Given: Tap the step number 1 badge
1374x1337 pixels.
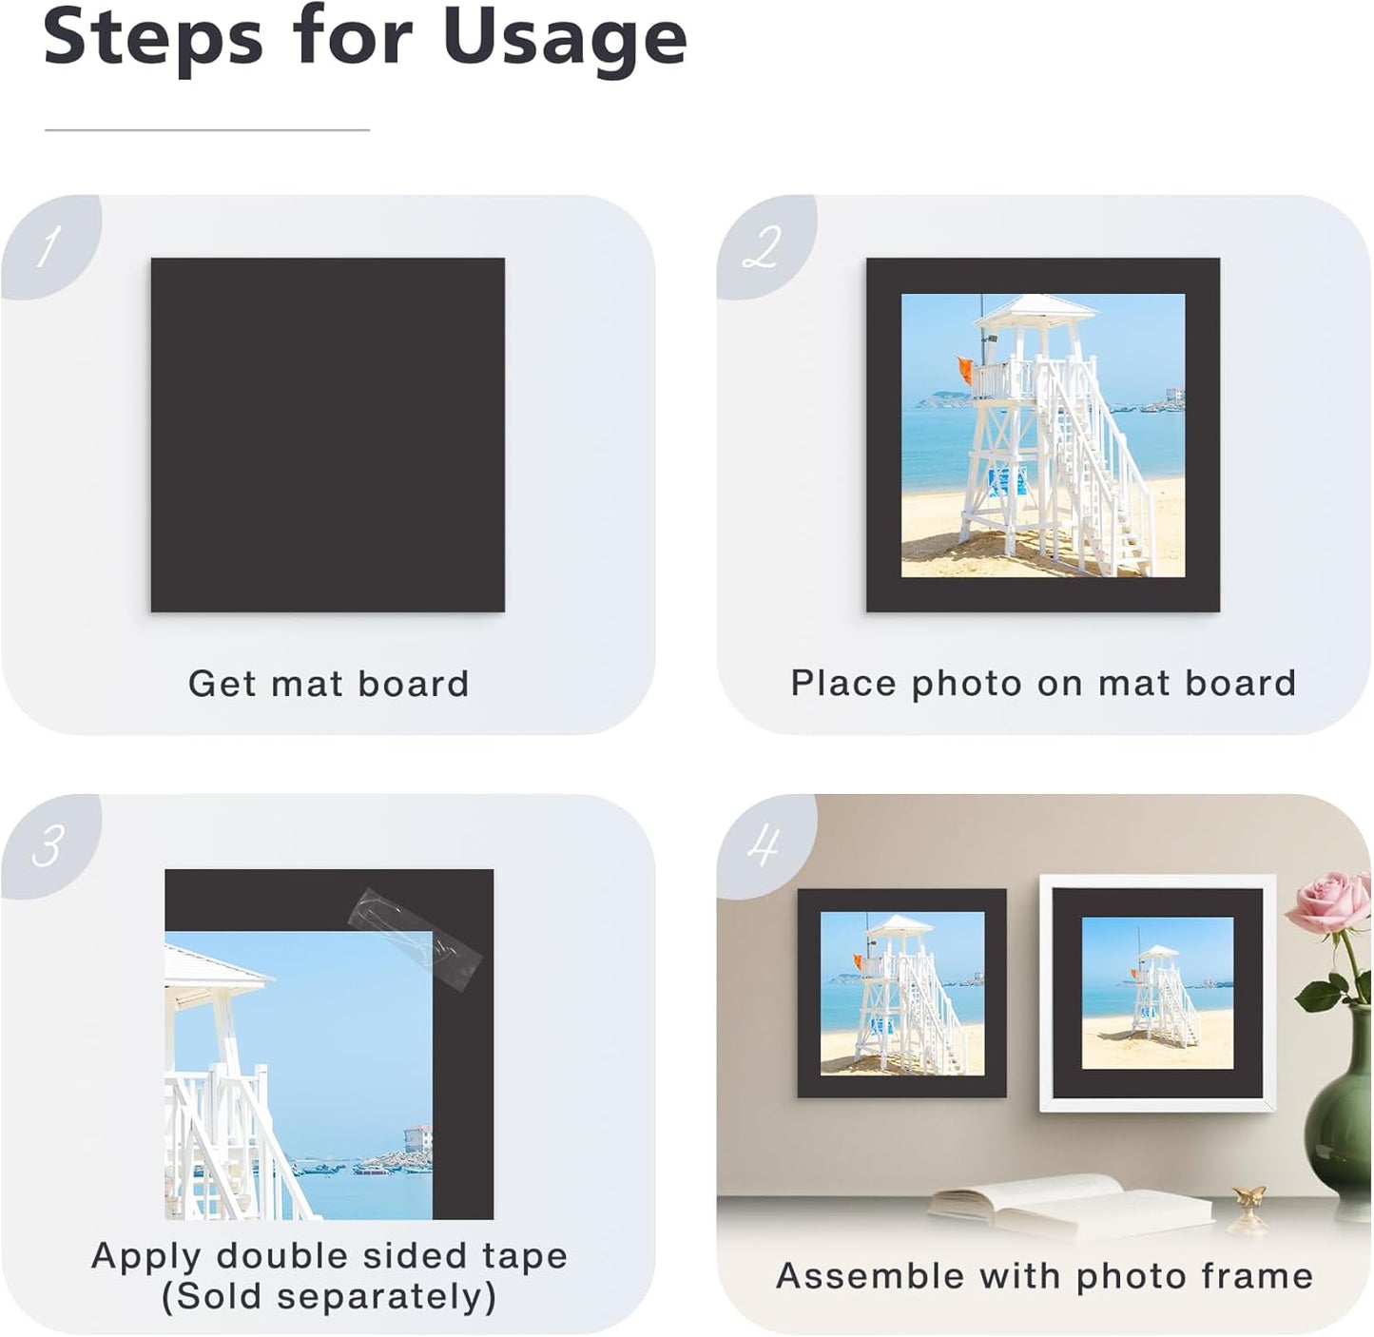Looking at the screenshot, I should (48, 247).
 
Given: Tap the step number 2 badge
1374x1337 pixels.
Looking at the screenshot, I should (763, 247).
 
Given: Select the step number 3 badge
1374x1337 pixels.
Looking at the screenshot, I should (48, 845).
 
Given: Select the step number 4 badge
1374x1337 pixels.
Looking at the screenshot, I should (763, 845).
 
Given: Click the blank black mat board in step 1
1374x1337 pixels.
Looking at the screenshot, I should (327, 435).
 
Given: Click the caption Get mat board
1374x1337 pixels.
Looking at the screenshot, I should (328, 684).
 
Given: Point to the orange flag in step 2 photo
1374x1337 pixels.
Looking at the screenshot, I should (965, 370).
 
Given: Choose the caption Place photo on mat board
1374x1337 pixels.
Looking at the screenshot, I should (1043, 683).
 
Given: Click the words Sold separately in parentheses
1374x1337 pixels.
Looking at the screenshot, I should (328, 1296).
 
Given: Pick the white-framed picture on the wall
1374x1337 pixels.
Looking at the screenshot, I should (1157, 993).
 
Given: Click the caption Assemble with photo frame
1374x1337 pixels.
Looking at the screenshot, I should (1044, 1276).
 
